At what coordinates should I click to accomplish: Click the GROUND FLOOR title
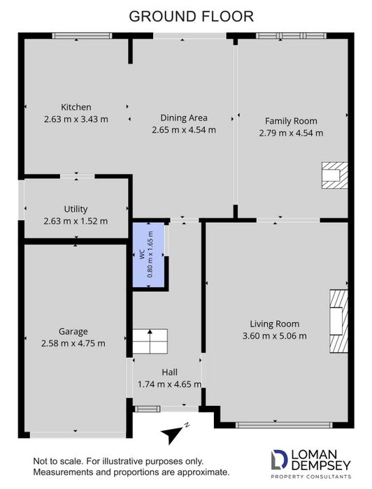(x=192, y=17)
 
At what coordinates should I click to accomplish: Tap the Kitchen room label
(x=76, y=107)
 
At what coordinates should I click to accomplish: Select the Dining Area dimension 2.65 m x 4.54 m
(x=184, y=130)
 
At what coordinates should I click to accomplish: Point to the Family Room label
(x=291, y=121)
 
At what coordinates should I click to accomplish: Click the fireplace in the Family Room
(x=334, y=175)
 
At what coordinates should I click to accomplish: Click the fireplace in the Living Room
(x=338, y=321)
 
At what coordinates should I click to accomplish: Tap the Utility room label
(x=76, y=209)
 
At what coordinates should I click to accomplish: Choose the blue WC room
(x=148, y=254)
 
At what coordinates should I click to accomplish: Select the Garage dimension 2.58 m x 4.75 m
(x=73, y=344)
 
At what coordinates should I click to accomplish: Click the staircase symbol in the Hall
(x=150, y=341)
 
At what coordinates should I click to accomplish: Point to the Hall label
(x=169, y=372)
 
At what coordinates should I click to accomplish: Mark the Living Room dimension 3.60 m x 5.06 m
(x=275, y=336)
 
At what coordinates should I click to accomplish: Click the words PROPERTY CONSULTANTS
(x=311, y=476)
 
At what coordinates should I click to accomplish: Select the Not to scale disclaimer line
(x=118, y=461)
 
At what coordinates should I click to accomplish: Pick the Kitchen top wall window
(x=82, y=36)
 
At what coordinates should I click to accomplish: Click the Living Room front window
(x=284, y=425)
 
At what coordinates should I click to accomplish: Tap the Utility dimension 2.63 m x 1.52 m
(x=76, y=221)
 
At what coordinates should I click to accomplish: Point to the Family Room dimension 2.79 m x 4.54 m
(x=291, y=133)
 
